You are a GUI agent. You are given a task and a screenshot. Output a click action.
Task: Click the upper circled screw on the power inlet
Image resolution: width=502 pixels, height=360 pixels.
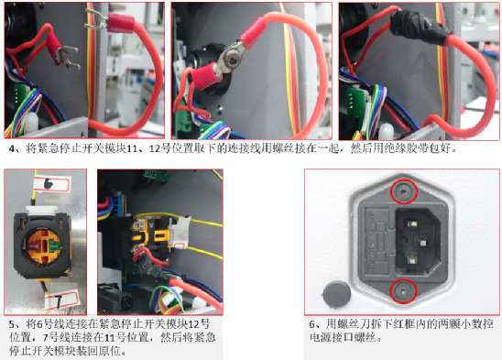coord(404,191)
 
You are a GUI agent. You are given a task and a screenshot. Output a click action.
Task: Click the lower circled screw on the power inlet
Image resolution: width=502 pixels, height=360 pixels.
coord(403,291)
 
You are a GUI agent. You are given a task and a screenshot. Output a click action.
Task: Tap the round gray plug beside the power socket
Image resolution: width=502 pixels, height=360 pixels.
coord(336,294)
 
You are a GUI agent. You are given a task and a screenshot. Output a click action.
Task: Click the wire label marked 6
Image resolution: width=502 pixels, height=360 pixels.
coord(51,184)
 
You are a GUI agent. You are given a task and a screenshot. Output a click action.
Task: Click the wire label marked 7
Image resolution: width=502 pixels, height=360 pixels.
coord(61,300)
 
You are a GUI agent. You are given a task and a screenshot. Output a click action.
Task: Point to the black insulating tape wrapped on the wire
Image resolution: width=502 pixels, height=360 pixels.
coord(419,27)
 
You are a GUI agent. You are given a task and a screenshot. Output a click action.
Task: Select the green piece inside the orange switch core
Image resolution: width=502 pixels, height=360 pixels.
coord(55,247)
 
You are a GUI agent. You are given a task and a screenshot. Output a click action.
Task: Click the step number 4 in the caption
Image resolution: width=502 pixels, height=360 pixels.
coord(12,149)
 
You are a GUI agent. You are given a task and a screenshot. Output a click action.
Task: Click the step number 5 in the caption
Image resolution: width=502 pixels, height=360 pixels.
coord(12,325)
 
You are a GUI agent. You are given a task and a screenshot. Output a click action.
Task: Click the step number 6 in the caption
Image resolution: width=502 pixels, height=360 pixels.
coord(312,325)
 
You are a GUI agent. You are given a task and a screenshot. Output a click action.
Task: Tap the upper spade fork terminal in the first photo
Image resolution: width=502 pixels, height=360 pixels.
coord(96,20)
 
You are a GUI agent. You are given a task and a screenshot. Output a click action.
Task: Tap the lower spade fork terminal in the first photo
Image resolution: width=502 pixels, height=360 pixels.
coord(67,57)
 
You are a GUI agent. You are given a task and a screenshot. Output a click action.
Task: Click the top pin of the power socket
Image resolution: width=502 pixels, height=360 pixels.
coord(412,224)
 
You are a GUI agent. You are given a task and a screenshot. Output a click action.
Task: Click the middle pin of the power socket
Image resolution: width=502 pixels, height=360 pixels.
coord(422,243)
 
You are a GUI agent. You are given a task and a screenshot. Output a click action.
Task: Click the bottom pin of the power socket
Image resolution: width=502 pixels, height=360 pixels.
coord(411,259)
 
